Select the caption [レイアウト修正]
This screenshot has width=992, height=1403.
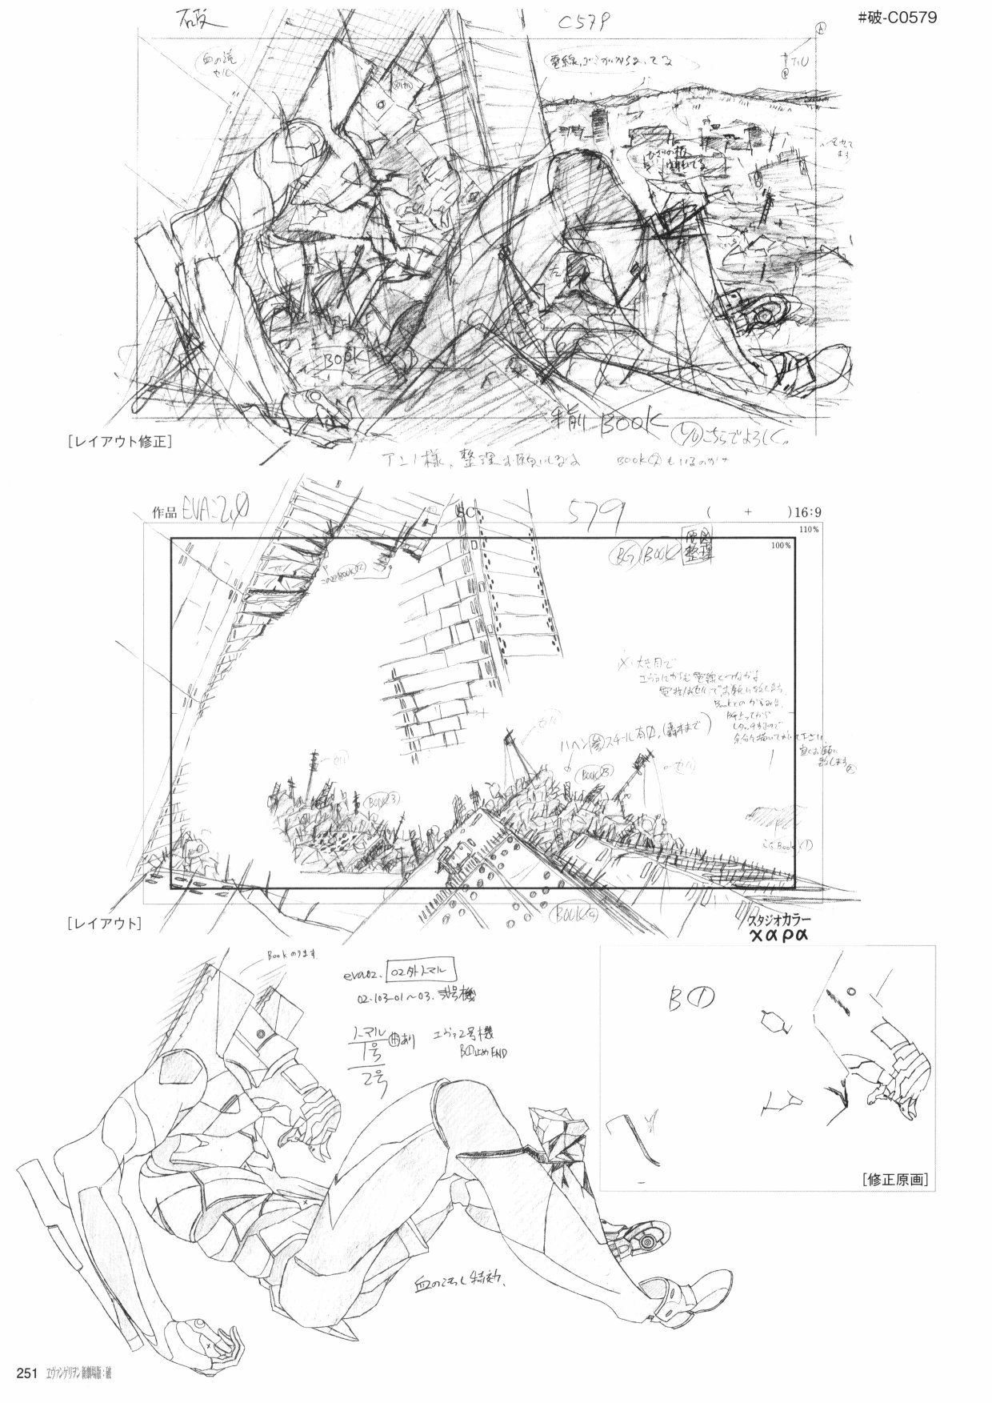(121, 441)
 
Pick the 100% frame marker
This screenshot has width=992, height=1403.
(782, 546)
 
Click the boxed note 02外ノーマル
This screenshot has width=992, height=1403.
(422, 971)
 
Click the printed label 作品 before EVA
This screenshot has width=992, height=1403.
(163, 513)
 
